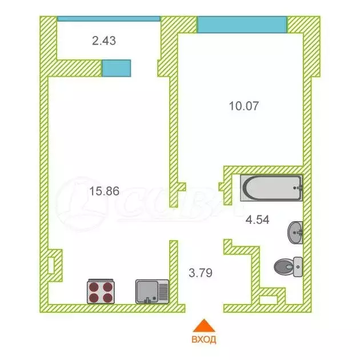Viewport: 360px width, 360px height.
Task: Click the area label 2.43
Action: [104, 41]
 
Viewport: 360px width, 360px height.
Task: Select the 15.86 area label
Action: [104, 191]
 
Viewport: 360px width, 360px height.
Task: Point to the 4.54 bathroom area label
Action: [257, 218]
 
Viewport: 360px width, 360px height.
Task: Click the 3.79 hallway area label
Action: [201, 273]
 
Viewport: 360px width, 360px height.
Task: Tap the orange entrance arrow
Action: [203, 325]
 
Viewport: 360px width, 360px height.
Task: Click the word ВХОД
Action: [204, 339]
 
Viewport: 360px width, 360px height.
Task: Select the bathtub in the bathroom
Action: [271, 188]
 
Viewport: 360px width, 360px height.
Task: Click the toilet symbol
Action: [288, 266]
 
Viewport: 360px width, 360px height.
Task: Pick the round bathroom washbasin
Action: [295, 232]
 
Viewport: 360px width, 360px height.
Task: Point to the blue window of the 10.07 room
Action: [242, 25]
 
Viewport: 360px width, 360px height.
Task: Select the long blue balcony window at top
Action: [109, 18]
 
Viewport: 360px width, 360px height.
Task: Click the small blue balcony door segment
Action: [117, 67]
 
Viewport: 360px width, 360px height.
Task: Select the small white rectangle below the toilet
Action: [268, 299]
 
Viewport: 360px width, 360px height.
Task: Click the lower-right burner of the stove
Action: [109, 297]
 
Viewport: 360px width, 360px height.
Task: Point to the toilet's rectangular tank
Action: [298, 266]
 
